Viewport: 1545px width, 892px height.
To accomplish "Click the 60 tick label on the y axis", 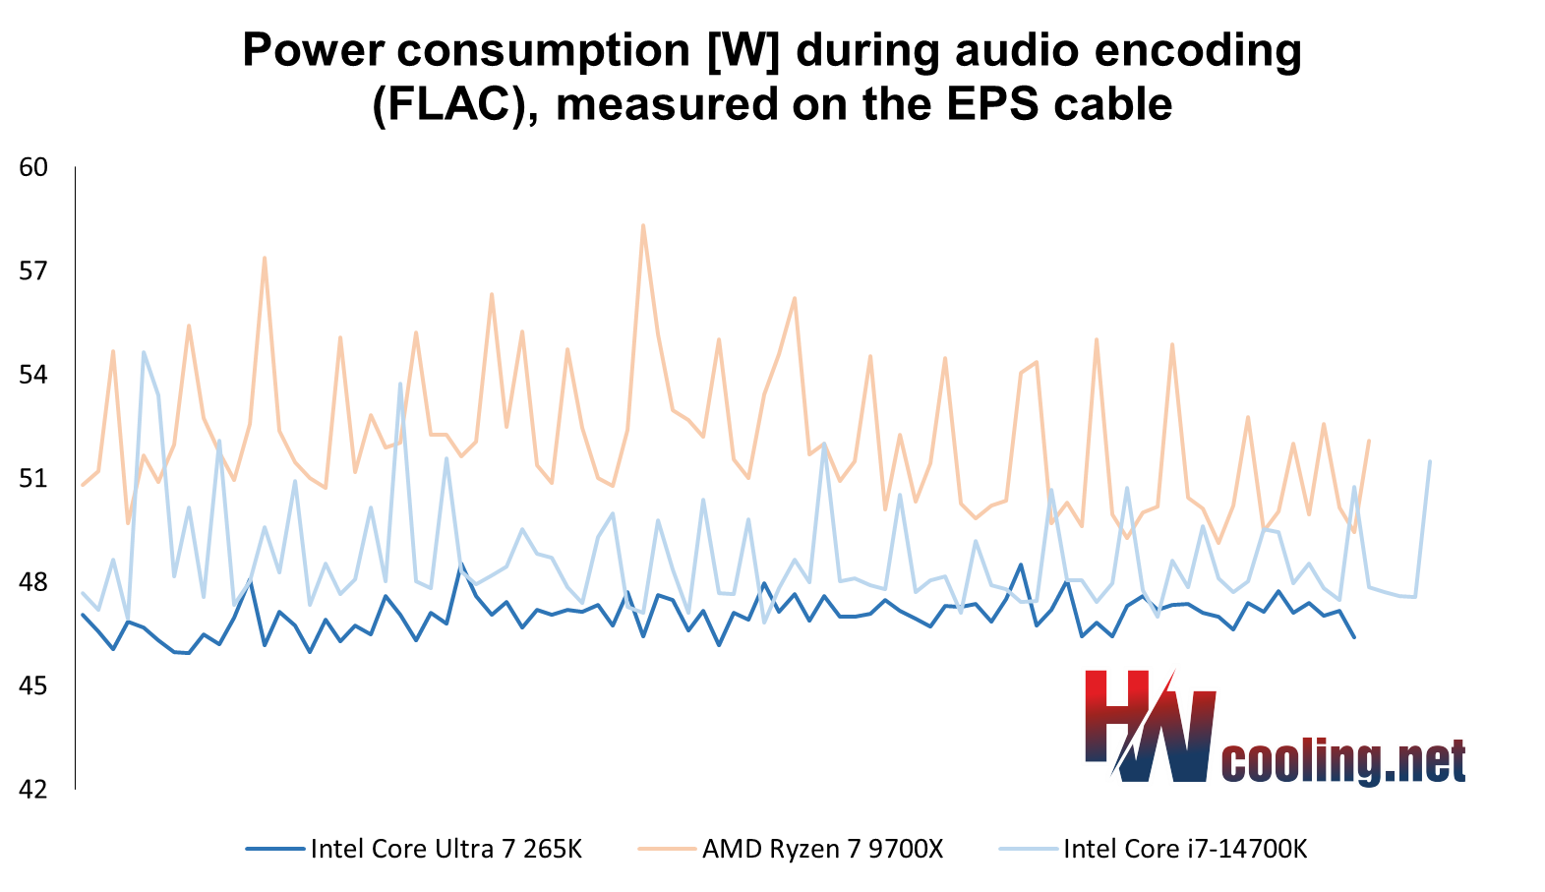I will coord(33,167).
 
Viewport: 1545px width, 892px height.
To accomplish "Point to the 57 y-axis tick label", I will coord(33,270).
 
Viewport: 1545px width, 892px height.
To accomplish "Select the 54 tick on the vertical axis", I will coord(33,375).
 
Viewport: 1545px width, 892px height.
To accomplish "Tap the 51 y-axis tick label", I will coord(33,479).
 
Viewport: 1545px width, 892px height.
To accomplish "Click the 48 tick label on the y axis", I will coord(33,582).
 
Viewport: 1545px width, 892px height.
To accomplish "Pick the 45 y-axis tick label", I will coord(33,685).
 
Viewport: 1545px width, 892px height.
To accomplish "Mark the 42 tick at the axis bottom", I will coord(33,789).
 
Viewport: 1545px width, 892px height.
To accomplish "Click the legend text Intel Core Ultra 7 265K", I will coord(446,849).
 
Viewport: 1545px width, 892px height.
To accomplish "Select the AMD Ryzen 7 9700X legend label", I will coord(822,849).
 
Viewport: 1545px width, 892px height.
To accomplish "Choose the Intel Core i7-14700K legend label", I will coord(1185,849).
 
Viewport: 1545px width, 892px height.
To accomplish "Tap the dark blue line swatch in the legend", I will coord(274,849).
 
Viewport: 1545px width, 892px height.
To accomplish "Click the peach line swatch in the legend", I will coord(666,849).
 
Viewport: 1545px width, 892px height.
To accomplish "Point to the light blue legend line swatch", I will coord(1028,849).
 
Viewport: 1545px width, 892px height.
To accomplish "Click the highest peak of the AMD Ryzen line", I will coord(642,225).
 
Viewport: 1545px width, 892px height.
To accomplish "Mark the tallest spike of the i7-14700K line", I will coord(144,352).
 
